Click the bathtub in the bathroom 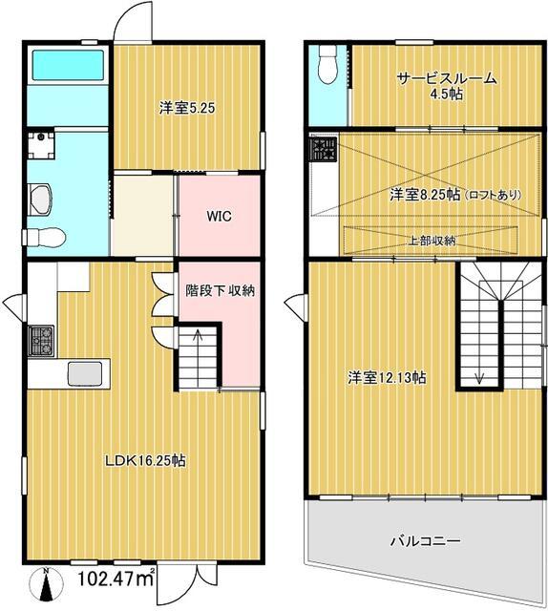click(68, 65)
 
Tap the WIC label click(219, 216)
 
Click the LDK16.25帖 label click(146, 461)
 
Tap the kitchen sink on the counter click(85, 373)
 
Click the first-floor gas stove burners click(42, 341)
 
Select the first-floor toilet click(44, 237)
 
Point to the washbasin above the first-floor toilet click(40, 200)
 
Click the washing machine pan click(41, 145)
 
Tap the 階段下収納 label click(220, 290)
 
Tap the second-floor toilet click(327, 64)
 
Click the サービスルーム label click(447, 78)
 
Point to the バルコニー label click(426, 541)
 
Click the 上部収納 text click(432, 241)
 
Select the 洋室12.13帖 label click(387, 378)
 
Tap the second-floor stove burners click(323, 149)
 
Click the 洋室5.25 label click(187, 108)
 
